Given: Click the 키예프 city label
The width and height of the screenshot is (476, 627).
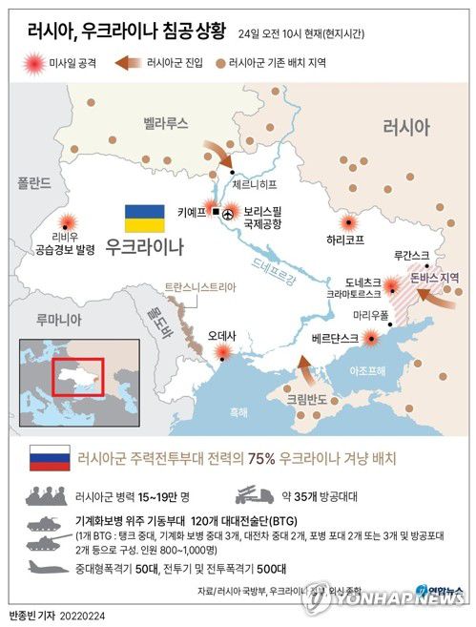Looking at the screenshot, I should tap(192, 214).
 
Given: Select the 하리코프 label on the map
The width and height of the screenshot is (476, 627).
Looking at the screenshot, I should tap(345, 240).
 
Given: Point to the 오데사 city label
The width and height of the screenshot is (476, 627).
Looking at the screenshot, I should tap(223, 335).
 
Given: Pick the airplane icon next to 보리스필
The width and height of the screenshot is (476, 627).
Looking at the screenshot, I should tap(228, 217).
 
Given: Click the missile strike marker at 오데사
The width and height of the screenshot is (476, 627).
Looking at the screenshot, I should tap(223, 353).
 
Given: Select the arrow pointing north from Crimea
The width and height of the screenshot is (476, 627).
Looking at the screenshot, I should tap(303, 367).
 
